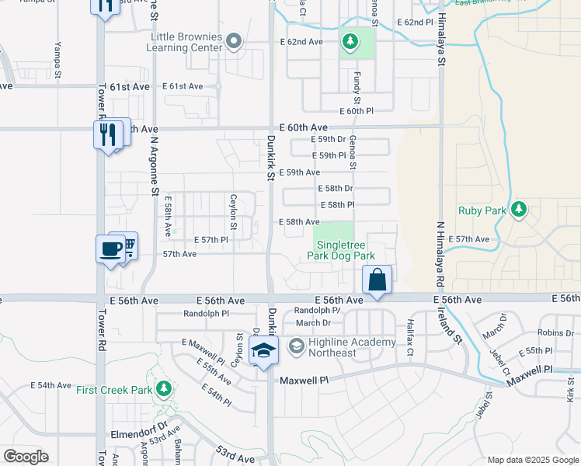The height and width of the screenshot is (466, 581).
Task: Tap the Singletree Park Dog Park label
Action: pos(341,250)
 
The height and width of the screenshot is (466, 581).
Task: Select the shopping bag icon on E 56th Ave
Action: pos(377,279)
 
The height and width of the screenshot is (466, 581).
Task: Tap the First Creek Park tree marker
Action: pos(163,388)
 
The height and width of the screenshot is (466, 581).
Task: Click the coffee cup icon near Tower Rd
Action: pos(110,249)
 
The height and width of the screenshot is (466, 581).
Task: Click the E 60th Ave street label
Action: pos(304,127)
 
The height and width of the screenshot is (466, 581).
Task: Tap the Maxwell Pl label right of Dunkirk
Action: pos(304,381)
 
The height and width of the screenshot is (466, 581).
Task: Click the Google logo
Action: pos(26,456)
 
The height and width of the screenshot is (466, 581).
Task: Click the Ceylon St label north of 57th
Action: pos(233,212)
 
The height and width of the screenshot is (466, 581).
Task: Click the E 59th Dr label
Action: pos(328,139)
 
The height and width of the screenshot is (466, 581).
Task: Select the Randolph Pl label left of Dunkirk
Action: pos(206,314)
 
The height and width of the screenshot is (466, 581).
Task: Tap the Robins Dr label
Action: pos(555,332)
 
